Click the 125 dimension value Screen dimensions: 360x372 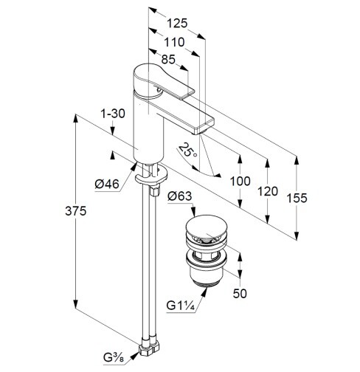[177, 24]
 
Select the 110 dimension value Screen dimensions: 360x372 [174, 42]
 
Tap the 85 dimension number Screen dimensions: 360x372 [168, 59]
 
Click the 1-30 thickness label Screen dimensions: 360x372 [113, 114]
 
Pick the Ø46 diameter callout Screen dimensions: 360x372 [107, 184]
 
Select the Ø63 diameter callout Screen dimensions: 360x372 [180, 196]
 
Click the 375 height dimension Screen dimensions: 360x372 [76, 211]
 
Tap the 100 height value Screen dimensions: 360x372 [240, 182]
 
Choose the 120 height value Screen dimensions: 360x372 [268, 191]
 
